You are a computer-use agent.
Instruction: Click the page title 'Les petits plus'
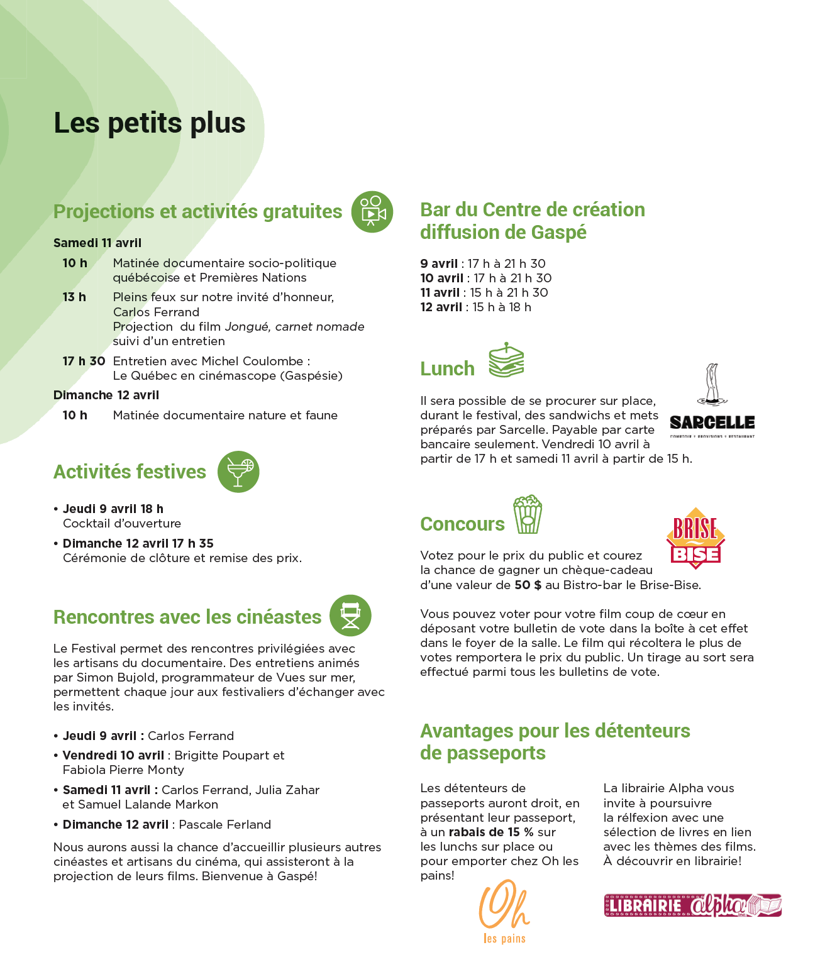150,123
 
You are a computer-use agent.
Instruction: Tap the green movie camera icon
372,212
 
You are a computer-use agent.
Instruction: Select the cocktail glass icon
238,472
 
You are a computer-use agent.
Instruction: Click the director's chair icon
350,616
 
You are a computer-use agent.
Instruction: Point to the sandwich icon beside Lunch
506,360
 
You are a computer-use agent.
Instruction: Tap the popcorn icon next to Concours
528,514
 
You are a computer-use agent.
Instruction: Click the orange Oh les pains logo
504,912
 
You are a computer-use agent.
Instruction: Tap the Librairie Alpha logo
692,905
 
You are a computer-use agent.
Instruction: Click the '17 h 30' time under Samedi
84,361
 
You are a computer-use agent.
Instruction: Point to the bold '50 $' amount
528,585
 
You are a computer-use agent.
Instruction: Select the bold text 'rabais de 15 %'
491,832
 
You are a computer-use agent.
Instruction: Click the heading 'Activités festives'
130,472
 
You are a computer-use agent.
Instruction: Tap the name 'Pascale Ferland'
225,824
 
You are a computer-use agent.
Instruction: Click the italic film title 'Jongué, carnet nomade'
294,326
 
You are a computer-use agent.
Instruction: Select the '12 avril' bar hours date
441,307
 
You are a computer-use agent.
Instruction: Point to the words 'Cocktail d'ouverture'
122,523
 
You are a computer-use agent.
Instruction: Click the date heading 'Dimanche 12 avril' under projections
106,395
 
